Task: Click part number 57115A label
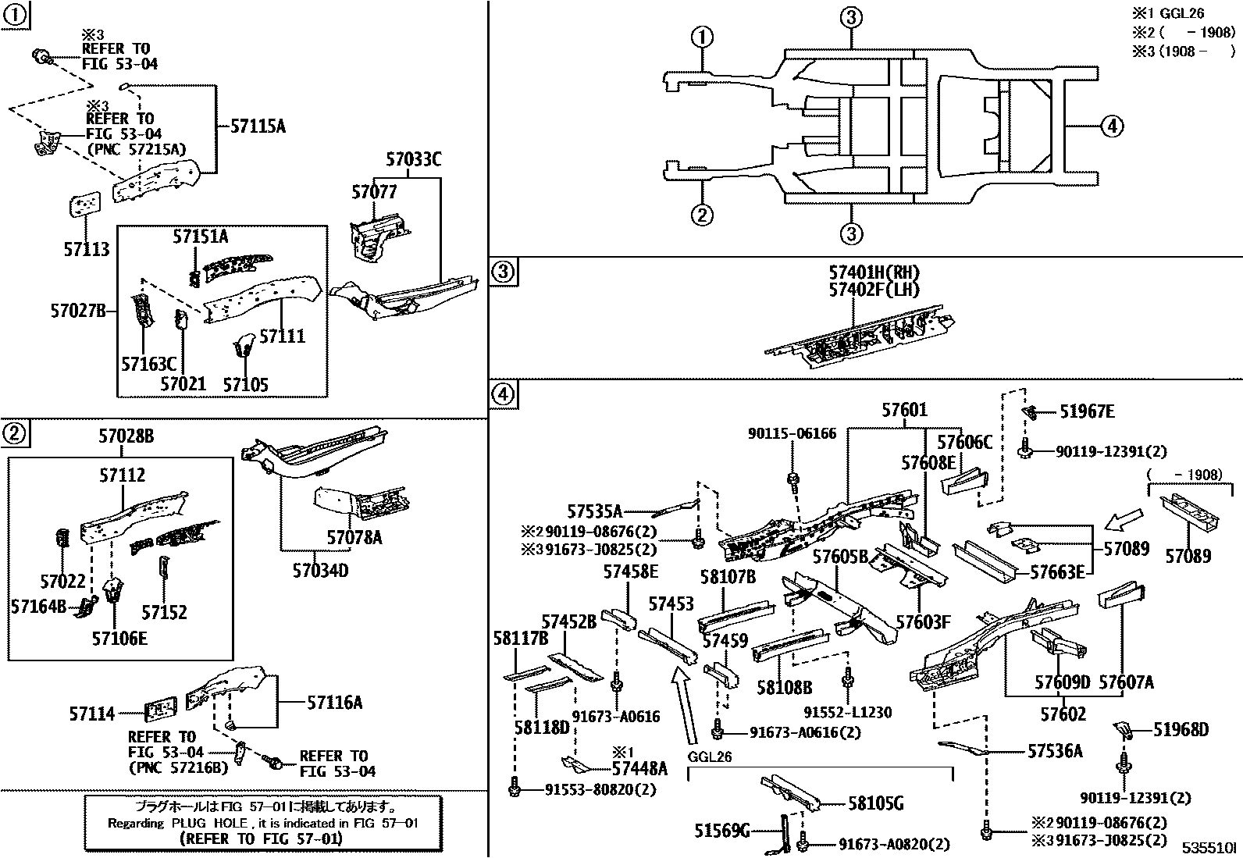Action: pyautogui.click(x=258, y=126)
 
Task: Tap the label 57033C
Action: pyautogui.click(x=413, y=160)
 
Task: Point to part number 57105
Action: pyautogui.click(x=245, y=384)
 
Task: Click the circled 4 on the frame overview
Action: pyautogui.click(x=1112, y=125)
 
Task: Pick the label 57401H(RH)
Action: pyautogui.click(x=874, y=272)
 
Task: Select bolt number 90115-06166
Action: pyautogui.click(x=792, y=433)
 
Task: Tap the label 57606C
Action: pyautogui.click(x=964, y=443)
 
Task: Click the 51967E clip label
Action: pyautogui.click(x=1086, y=411)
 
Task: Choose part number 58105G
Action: pyautogui.click(x=875, y=803)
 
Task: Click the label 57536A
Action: pyautogui.click(x=1055, y=751)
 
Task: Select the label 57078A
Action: pyautogui.click(x=354, y=537)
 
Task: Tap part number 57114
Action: pyautogui.click(x=91, y=714)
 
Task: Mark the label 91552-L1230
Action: pyautogui.click(x=848, y=712)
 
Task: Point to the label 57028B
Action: pyautogui.click(x=126, y=436)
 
